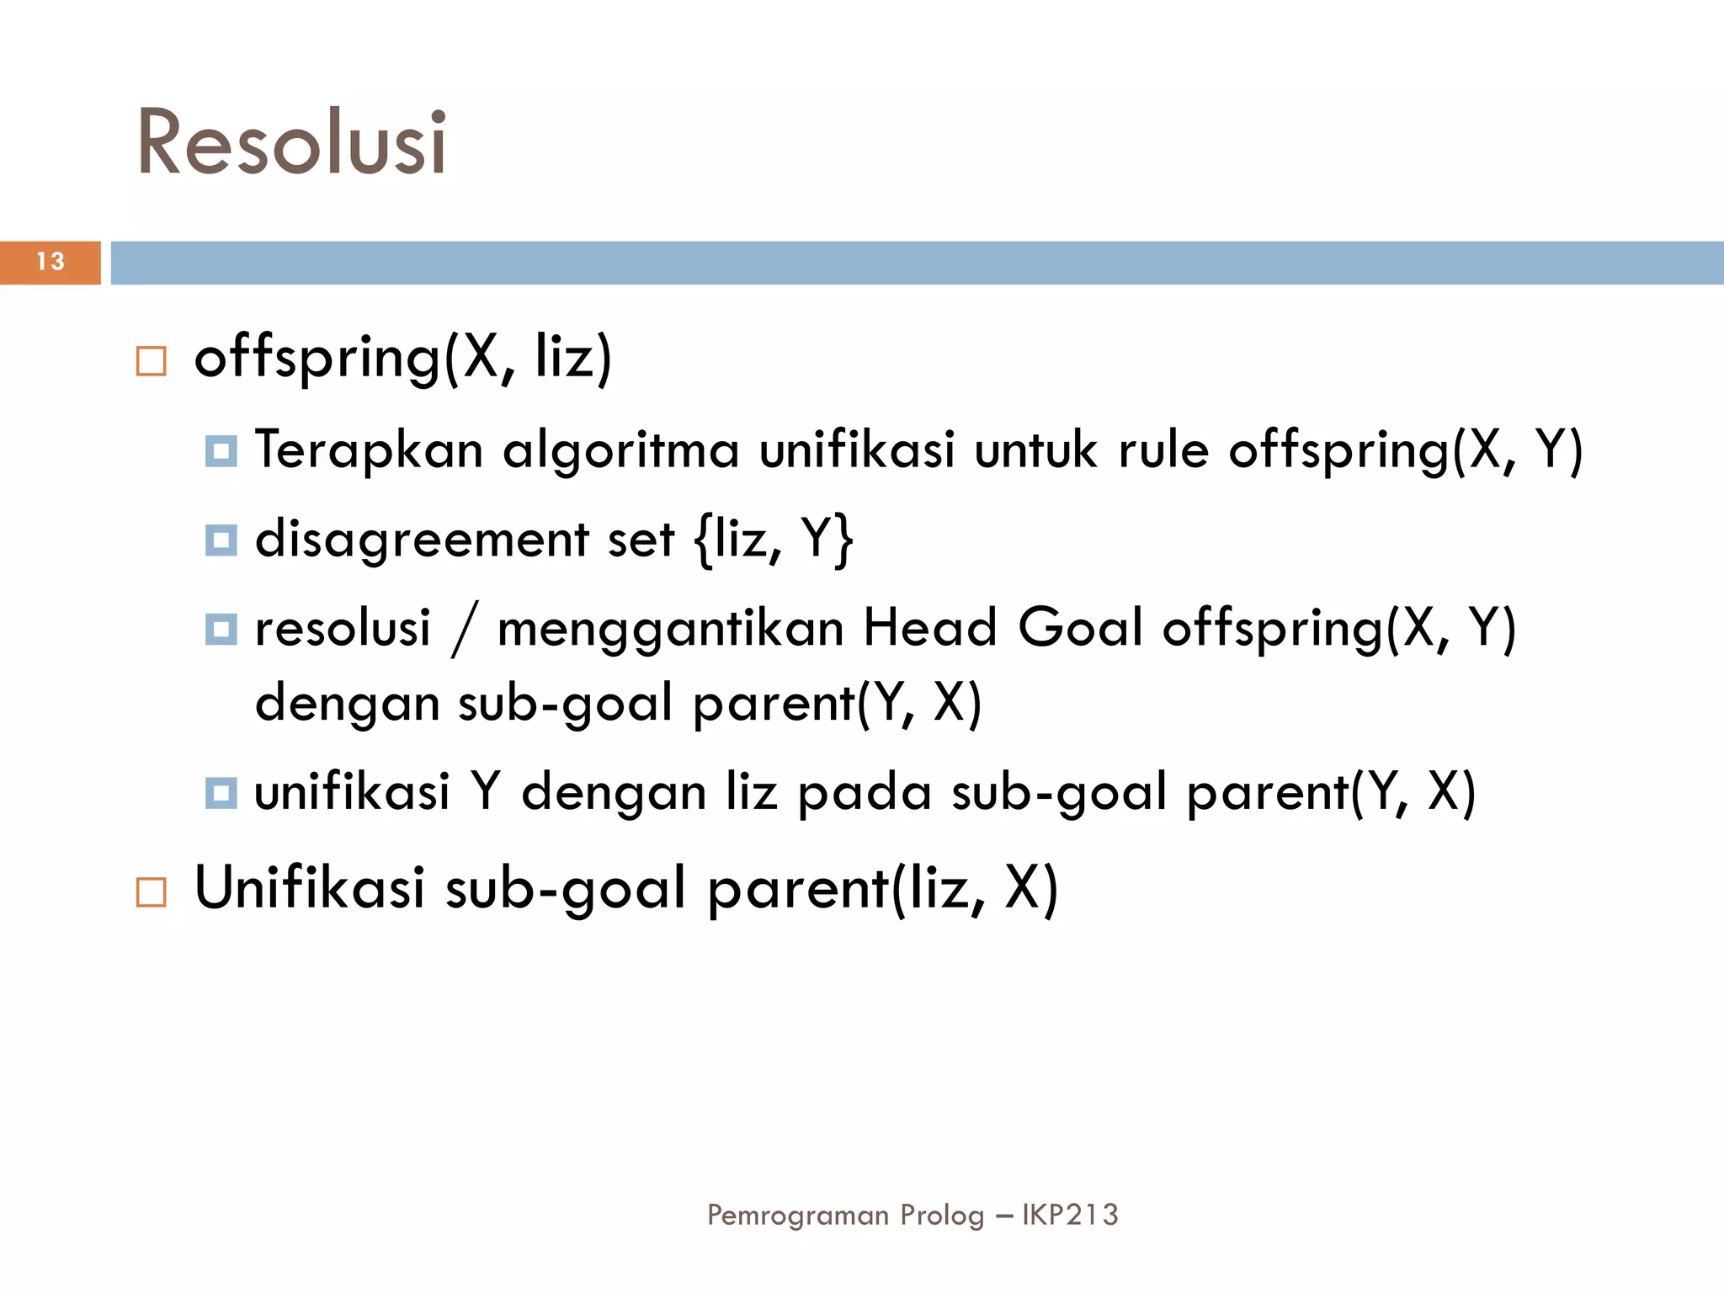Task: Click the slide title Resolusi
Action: pos(291,142)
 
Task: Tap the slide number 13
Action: pos(51,262)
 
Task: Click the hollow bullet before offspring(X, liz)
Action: pos(152,361)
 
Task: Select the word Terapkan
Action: pos(369,450)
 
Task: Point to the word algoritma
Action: pos(621,450)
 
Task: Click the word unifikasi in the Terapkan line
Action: pos(857,450)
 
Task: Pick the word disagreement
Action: pos(422,539)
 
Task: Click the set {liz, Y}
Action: pos(774,539)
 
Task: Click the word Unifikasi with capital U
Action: pos(310,888)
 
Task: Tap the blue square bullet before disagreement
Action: pos(221,540)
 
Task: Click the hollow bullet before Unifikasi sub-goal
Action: pos(152,891)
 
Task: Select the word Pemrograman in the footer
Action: pos(797,1215)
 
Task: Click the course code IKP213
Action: pos(1070,1215)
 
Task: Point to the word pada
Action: pos(864,792)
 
